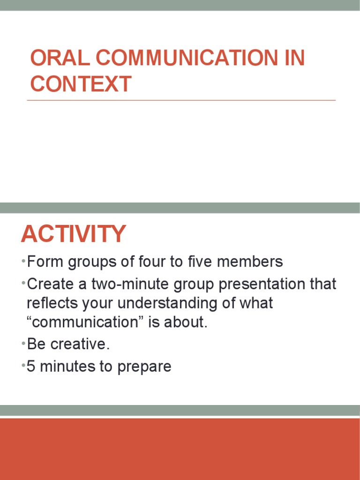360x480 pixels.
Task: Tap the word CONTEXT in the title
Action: (x=81, y=84)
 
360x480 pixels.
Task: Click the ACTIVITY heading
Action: (x=73, y=234)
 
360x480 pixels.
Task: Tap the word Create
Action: (x=51, y=285)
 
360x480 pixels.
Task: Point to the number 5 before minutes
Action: (x=31, y=367)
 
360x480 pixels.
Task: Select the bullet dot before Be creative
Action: (x=23, y=344)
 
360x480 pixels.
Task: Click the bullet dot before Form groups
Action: (x=23, y=261)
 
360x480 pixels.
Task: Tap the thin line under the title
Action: (x=181, y=100)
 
